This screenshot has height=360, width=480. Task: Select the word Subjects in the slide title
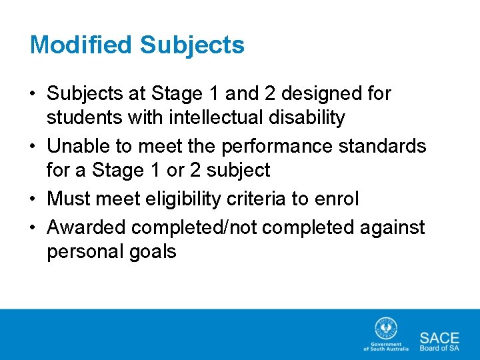192,45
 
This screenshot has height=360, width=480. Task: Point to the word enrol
336,199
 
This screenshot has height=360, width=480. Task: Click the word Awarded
86,227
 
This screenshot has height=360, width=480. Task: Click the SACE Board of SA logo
439,341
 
